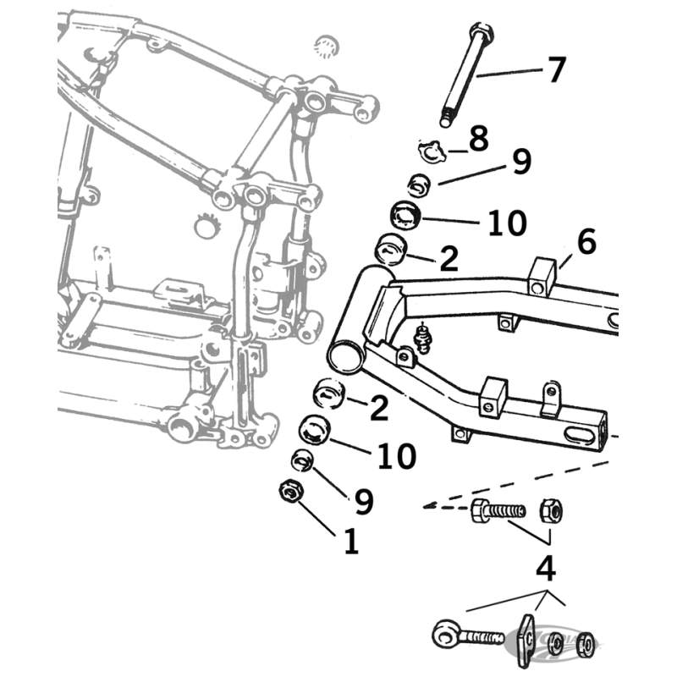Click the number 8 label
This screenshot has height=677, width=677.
(x=478, y=139)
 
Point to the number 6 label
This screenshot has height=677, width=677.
(x=587, y=243)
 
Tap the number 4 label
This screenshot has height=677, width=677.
(x=548, y=568)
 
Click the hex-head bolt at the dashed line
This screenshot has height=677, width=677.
(x=495, y=512)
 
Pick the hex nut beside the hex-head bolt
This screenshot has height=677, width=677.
(x=550, y=510)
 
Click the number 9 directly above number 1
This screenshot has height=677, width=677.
(x=363, y=503)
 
